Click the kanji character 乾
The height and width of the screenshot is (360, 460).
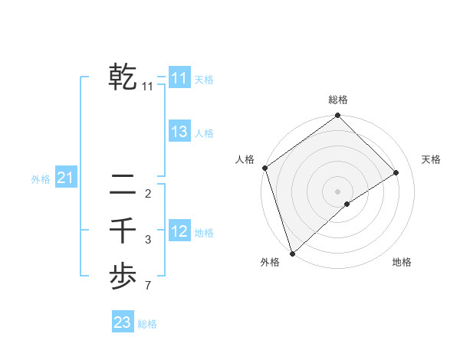pos(123,77)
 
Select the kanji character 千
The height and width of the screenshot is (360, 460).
pos(123,230)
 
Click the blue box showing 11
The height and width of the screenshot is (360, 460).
pos(179,78)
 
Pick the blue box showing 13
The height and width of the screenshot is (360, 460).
pos(179,132)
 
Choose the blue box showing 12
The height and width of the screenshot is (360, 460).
pos(179,231)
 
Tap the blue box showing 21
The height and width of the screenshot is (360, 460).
pos(65,178)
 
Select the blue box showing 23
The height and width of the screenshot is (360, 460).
pos(123,322)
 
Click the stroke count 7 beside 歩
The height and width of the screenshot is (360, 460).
pos(147,287)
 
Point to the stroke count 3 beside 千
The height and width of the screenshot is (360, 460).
pos(148,240)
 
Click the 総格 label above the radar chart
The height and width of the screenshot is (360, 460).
pos(338,100)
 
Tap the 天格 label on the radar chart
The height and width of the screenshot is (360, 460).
pos(432,159)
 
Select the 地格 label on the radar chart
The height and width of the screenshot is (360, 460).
pos(402,263)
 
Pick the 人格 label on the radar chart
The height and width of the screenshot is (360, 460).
pos(245,159)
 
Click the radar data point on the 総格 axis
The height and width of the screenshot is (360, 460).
pos(338,116)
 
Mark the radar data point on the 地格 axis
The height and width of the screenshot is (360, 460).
pos(347,204)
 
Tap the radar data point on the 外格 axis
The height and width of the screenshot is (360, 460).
pos(292,252)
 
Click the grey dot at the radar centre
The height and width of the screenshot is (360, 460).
pos(338,191)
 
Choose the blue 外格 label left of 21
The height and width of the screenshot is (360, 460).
pos(41,179)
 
